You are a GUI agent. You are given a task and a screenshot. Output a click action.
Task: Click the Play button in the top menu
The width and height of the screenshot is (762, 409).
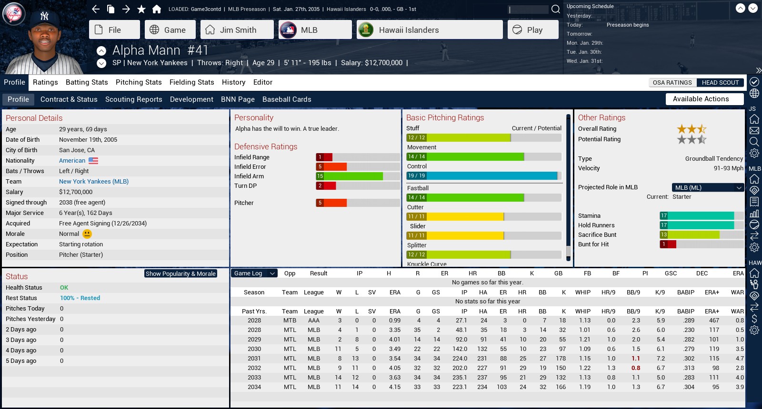tap(532, 30)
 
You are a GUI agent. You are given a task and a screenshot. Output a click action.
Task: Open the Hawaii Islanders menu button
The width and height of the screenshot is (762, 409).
tap(430, 30)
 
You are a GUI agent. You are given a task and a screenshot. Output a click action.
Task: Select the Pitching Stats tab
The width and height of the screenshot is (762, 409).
tap(139, 82)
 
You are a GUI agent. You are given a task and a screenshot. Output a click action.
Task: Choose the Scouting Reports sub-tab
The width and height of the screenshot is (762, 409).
tap(133, 99)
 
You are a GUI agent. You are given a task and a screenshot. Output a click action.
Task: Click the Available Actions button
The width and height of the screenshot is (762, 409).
tap(704, 99)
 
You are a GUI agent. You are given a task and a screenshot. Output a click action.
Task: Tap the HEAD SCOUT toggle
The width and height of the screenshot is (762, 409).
tap(720, 83)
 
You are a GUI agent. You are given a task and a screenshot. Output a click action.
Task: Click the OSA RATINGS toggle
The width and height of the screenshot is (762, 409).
tap(672, 83)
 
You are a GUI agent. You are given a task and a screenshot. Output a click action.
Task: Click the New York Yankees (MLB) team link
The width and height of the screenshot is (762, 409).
tap(94, 182)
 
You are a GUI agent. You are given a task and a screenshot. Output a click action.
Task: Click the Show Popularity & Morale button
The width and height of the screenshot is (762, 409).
tap(180, 274)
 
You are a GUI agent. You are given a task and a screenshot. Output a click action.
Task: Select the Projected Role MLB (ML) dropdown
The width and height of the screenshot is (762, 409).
tap(707, 187)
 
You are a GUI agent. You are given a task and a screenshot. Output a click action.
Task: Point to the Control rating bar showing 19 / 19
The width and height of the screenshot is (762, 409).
tap(483, 176)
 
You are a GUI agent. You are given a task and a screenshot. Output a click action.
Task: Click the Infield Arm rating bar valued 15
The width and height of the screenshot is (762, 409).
tap(350, 176)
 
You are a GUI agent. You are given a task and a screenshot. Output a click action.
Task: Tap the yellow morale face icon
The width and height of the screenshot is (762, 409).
tap(87, 234)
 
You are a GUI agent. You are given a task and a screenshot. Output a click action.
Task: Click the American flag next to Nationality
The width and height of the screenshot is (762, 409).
tap(93, 161)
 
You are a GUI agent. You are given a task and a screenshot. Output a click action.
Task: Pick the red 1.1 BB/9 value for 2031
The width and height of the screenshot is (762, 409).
tap(636, 359)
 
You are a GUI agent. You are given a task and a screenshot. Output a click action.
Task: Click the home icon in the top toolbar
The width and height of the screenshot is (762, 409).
tap(157, 9)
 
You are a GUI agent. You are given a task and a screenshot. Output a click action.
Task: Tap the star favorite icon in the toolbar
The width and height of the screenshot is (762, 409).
tap(141, 9)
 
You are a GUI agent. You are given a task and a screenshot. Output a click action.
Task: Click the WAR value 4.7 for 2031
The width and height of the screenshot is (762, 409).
tap(739, 359)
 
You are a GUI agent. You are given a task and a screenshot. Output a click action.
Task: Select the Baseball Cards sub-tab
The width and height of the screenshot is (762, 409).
tap(287, 99)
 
